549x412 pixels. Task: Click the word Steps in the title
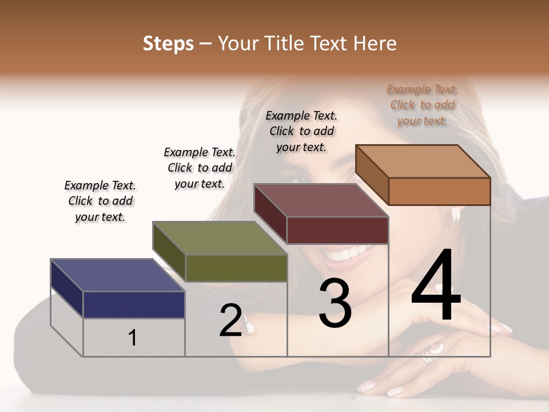click(168, 43)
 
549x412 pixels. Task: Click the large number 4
click(436, 286)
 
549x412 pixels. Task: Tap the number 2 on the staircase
click(230, 320)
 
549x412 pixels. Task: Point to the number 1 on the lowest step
click(132, 338)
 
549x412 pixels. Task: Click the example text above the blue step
click(100, 201)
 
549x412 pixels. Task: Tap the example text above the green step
click(200, 168)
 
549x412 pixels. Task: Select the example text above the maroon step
click(301, 131)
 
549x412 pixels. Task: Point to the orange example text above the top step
click(423, 105)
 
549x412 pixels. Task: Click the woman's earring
click(456, 213)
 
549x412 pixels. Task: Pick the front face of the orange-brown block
click(439, 191)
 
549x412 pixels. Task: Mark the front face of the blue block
click(134, 304)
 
